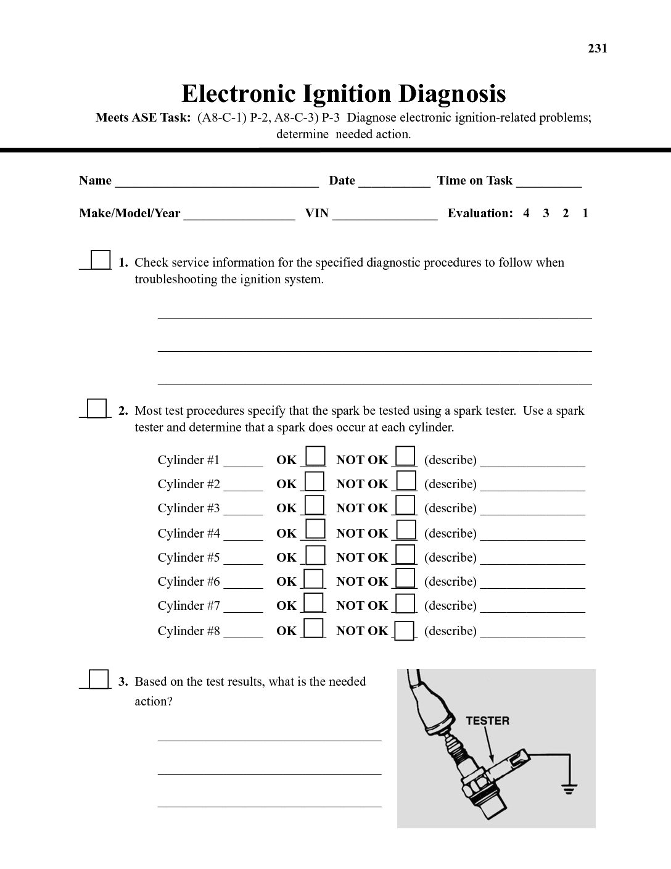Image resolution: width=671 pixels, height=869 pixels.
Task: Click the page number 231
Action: tap(597, 49)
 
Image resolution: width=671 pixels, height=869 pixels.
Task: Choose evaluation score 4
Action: tap(526, 214)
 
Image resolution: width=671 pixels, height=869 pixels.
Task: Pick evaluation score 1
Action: tap(585, 214)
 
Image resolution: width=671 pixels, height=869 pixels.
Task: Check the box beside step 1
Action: tap(101, 260)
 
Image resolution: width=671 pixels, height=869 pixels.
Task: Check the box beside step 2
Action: tap(97, 409)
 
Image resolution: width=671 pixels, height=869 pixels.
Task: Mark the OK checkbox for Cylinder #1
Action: tap(316, 457)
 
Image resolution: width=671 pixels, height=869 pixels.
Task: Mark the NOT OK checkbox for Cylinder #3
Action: tap(405, 505)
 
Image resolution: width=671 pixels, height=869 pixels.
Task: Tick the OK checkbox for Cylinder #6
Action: tap(315, 579)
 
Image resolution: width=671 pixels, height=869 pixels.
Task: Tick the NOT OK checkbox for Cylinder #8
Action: tap(405, 631)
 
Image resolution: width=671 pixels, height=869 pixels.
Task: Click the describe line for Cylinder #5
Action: tap(532, 559)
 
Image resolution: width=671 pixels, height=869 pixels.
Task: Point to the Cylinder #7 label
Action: tap(189, 606)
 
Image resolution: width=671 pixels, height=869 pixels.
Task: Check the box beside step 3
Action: tap(99, 680)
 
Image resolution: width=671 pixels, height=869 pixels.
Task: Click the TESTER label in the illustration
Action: tap(487, 721)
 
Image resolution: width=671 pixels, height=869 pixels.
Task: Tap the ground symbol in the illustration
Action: tap(568, 787)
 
